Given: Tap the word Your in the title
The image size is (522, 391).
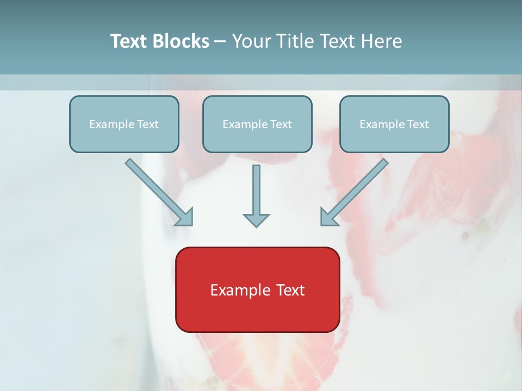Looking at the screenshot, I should [x=252, y=41].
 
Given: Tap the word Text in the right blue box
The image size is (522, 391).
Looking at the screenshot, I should [x=418, y=124].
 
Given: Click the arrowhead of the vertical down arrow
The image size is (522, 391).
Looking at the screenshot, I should [x=256, y=220].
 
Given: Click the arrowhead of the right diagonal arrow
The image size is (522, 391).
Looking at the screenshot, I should [x=328, y=217].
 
